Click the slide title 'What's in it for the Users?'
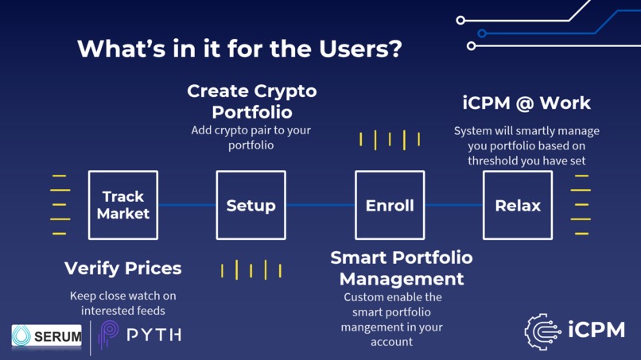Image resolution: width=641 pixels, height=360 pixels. (239, 49)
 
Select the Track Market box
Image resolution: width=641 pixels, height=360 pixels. (122, 205)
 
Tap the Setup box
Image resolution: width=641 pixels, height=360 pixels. (251, 205)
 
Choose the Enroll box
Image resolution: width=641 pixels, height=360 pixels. (390, 205)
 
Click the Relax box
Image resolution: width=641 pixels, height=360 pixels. (518, 205)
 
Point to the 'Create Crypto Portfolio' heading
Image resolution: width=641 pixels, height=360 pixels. (251, 101)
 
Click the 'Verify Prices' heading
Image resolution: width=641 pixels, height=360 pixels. (122, 269)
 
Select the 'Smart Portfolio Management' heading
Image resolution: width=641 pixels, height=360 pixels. (401, 269)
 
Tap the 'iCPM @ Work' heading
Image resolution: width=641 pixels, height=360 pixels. (526, 103)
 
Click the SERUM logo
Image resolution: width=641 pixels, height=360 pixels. (47, 336)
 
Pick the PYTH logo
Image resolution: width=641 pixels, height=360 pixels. (140, 335)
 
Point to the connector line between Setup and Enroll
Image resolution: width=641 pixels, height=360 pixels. (320, 205)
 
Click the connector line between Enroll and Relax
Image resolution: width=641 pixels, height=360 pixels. (453, 205)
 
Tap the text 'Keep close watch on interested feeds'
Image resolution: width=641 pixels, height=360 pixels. (122, 303)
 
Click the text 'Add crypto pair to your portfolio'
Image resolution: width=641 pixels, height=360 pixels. (251, 137)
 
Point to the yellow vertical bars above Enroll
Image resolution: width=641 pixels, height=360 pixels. (390, 140)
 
